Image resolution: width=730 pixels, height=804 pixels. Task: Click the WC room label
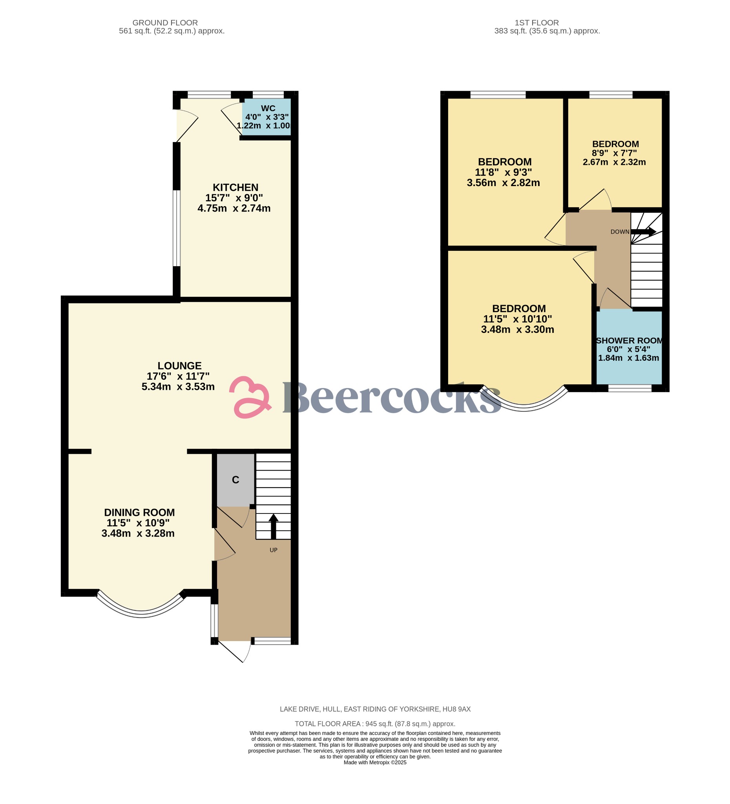tap(268, 108)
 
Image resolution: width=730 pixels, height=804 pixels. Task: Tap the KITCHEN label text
tap(235, 187)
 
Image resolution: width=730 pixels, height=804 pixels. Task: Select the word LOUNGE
tap(179, 365)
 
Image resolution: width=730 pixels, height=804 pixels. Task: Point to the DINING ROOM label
tap(140, 512)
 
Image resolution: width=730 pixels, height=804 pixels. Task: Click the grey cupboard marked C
tap(235, 480)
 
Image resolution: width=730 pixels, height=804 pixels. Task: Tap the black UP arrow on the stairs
tap(274, 526)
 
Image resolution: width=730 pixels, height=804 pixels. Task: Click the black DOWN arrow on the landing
tap(643, 231)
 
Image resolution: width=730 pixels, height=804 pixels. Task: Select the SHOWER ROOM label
tap(629, 340)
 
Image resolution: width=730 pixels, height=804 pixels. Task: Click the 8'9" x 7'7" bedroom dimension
tap(614, 153)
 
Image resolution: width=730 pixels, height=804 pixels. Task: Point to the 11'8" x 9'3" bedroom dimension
tap(503, 172)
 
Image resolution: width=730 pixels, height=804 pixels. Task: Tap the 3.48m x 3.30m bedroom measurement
tap(518, 329)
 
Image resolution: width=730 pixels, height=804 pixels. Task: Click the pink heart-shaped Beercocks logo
tap(250, 397)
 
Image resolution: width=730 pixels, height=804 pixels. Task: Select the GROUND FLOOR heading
tap(165, 23)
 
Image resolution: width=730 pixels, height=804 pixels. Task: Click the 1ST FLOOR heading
tap(537, 23)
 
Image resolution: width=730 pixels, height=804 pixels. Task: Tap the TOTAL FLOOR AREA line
tap(375, 724)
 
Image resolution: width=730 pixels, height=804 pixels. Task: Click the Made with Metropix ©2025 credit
tap(375, 762)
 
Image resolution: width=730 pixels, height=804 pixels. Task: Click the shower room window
tap(630, 388)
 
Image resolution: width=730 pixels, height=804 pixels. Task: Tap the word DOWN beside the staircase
tap(620, 232)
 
